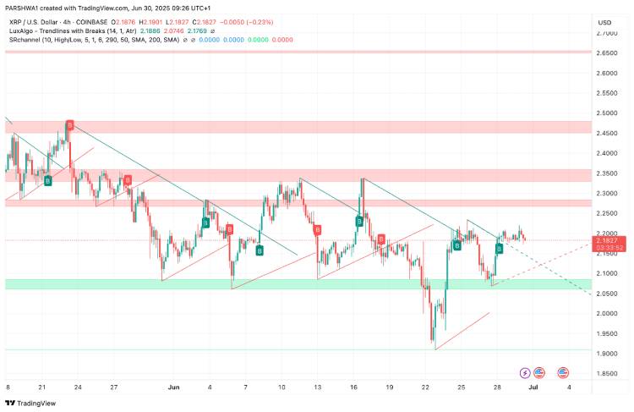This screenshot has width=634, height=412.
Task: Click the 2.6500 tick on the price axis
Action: point(606,53)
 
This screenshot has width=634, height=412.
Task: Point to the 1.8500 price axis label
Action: point(606,374)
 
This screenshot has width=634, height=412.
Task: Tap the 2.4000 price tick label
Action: point(606,153)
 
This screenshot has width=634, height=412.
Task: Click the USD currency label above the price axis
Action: point(604,22)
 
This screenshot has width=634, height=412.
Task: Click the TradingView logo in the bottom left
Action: point(32,403)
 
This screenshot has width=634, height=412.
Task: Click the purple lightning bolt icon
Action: point(525,372)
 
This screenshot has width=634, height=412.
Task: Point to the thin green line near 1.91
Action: point(254,349)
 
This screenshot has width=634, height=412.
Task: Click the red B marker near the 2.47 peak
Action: point(70,125)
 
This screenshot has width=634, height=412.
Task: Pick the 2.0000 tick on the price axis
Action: point(606,314)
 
